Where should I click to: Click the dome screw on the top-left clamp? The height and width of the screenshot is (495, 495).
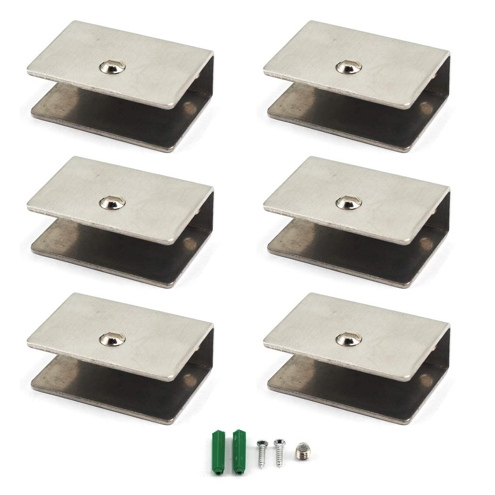click(x=111, y=68)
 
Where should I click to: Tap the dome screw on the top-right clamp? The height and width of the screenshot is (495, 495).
click(x=347, y=67)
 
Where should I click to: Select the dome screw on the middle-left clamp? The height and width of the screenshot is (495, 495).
click(x=111, y=204)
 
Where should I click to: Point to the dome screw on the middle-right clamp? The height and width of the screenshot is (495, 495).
click(x=347, y=203)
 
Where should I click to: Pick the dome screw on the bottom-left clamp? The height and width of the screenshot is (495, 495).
click(x=111, y=338)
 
